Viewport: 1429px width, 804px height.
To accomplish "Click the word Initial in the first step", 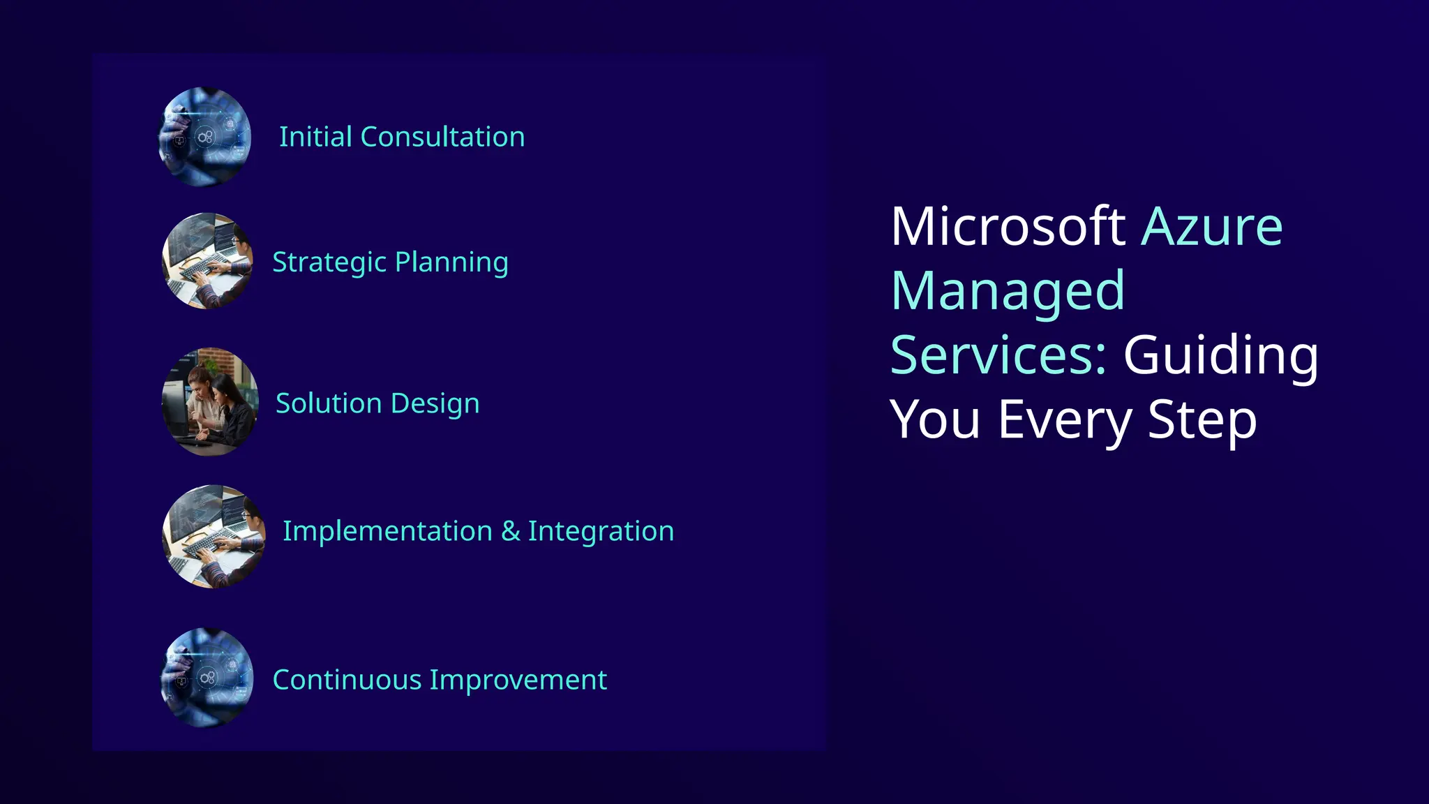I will (315, 137).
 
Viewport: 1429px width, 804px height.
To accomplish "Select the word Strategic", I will (329, 262).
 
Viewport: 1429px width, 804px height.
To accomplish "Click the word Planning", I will (451, 262).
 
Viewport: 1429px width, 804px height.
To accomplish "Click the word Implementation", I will (387, 531).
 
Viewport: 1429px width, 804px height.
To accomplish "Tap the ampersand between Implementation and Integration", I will (511, 531).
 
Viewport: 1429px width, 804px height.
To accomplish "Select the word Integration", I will (601, 531).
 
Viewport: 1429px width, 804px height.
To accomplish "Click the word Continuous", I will (347, 680).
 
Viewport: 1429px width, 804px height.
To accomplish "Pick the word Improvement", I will (518, 680).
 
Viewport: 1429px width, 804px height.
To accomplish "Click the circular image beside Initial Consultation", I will (204, 137).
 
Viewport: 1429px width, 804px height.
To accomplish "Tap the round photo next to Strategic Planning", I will (207, 261).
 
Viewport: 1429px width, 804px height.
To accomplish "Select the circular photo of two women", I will (210, 402).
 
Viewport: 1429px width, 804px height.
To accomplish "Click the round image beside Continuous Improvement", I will (207, 678).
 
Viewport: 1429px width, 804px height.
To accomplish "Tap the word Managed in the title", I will (1008, 290).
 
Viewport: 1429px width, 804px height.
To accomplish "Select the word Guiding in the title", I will (1220, 355).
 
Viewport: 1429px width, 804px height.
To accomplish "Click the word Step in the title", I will (1202, 419).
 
